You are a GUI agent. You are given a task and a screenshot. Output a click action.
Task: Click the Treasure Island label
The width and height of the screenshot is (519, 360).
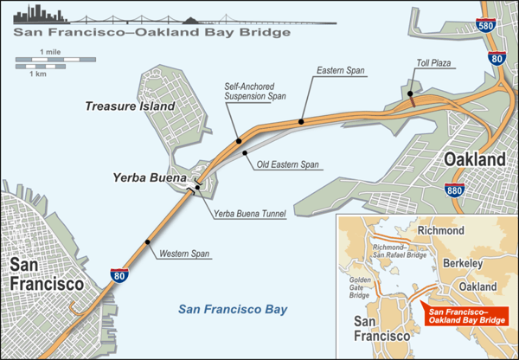(130, 106)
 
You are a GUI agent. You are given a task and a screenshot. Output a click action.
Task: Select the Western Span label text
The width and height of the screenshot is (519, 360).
(183, 254)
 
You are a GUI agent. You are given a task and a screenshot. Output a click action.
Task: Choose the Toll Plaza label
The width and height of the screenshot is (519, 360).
(434, 63)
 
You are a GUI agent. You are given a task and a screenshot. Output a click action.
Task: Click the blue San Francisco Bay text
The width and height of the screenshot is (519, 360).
(232, 309)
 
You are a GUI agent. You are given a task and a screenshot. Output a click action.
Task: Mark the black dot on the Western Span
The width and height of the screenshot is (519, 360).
(147, 241)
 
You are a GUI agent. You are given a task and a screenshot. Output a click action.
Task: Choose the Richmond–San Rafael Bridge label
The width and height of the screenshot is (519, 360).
(399, 252)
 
